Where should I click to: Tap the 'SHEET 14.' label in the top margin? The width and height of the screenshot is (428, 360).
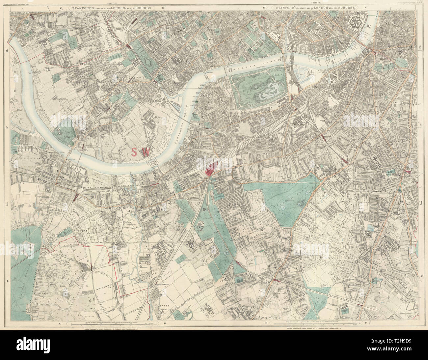point(311,3)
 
